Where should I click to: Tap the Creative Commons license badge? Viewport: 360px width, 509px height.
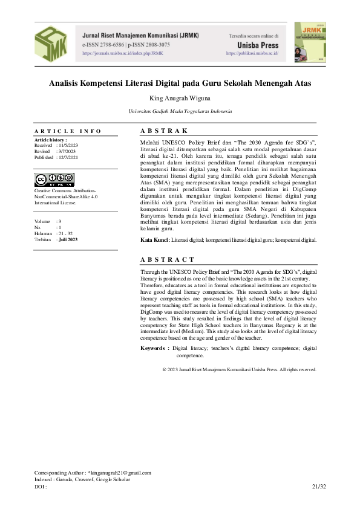(x=54, y=179)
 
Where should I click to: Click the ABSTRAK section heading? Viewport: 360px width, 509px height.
(x=164, y=131)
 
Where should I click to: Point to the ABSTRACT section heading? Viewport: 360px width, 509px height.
(x=168, y=259)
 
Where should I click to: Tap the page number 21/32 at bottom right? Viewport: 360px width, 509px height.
(x=319, y=486)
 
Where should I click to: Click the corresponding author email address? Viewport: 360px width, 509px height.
(x=119, y=473)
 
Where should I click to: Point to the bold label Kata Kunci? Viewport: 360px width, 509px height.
(x=154, y=240)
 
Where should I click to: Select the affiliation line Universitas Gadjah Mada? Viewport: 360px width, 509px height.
(x=180, y=112)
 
